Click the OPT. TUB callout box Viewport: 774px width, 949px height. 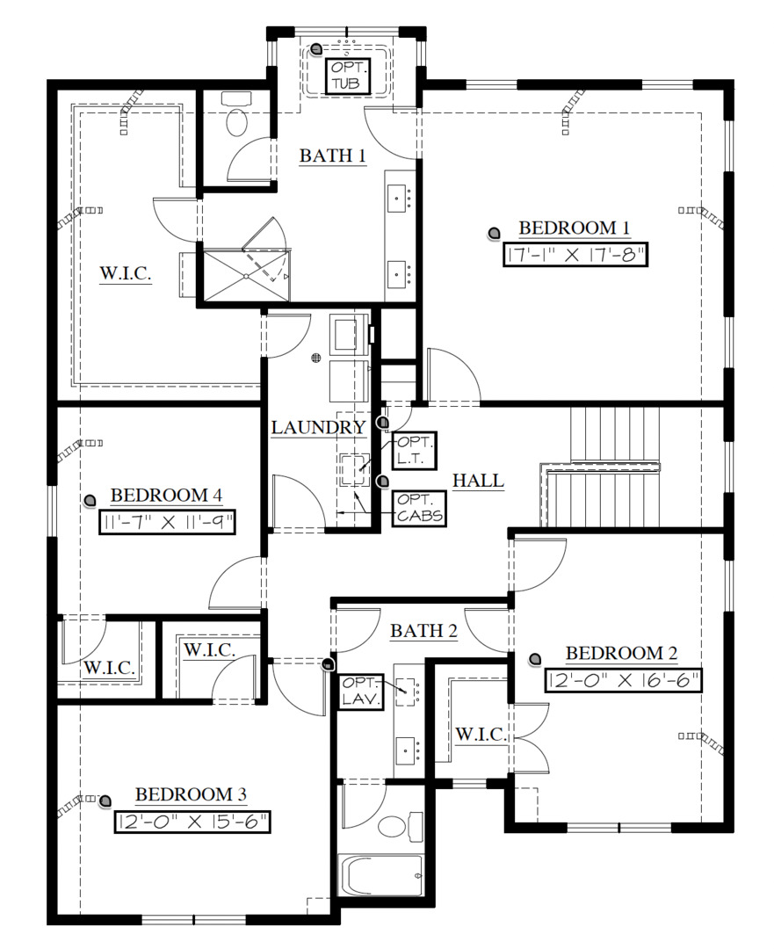coord(350,76)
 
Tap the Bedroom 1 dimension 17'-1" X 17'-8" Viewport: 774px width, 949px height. coord(575,256)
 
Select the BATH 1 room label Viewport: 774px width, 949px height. coord(332,156)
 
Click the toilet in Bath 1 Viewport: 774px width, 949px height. coord(236,118)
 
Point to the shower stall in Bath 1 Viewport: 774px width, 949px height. coord(246,276)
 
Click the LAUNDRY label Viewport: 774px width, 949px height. coord(318,428)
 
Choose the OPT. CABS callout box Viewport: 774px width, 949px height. coord(418,508)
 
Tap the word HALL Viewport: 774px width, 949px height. coord(478,481)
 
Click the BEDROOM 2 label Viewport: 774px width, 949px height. coord(621,653)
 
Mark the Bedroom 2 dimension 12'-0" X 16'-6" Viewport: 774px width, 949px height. coord(623,680)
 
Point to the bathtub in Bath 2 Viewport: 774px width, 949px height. coord(380,875)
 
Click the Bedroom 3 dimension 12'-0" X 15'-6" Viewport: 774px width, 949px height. coord(192,822)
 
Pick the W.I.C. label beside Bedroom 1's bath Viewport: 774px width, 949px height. coord(126,274)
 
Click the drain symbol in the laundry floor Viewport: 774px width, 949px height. coord(316,358)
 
